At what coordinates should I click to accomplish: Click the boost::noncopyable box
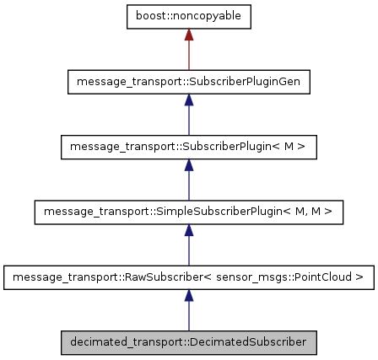point(189,18)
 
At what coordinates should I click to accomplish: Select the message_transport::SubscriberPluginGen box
point(189,82)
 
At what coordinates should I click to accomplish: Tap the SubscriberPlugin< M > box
point(189,147)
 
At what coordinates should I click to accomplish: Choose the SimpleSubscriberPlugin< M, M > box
point(189,212)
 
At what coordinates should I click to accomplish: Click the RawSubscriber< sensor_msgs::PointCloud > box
point(189,277)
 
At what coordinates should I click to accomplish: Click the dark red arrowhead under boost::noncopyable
point(189,36)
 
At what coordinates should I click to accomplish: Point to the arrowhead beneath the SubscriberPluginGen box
point(189,100)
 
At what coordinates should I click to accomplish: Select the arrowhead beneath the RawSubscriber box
point(189,295)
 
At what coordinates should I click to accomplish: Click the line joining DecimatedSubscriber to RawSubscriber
point(189,316)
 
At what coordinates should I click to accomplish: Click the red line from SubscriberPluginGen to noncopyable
point(189,56)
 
